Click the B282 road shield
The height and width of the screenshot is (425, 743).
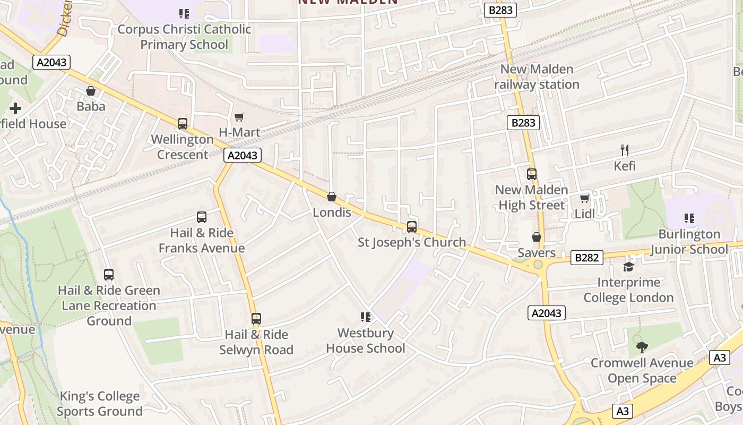tap(587, 258)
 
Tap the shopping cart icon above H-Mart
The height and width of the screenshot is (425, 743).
tap(239, 117)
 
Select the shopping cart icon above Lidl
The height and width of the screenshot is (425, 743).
tap(584, 199)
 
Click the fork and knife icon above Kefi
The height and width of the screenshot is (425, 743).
tap(625, 150)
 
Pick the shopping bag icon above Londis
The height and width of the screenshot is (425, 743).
tap(332, 197)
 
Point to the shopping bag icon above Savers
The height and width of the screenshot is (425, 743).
tap(537, 237)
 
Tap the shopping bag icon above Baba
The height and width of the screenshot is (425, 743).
tap(91, 91)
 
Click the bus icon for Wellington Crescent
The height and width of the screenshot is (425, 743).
tap(183, 124)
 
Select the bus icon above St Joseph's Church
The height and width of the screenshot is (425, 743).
tap(412, 227)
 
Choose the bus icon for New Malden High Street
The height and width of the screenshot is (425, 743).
tap(531, 174)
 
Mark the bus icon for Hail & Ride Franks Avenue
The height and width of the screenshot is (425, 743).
tap(202, 217)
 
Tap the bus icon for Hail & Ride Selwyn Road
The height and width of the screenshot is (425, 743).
tap(256, 319)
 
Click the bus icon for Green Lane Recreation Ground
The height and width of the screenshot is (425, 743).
tap(109, 275)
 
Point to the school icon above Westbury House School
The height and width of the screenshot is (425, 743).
tap(365, 317)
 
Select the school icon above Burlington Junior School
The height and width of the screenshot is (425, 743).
tap(689, 218)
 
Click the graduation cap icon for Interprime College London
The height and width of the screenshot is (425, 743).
tap(629, 267)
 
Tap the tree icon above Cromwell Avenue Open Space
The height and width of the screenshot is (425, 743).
tap(642, 347)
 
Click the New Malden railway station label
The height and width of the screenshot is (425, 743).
tap(537, 77)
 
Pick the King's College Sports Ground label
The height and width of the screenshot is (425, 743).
tap(100, 404)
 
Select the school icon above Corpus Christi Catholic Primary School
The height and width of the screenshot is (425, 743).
tap(184, 13)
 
